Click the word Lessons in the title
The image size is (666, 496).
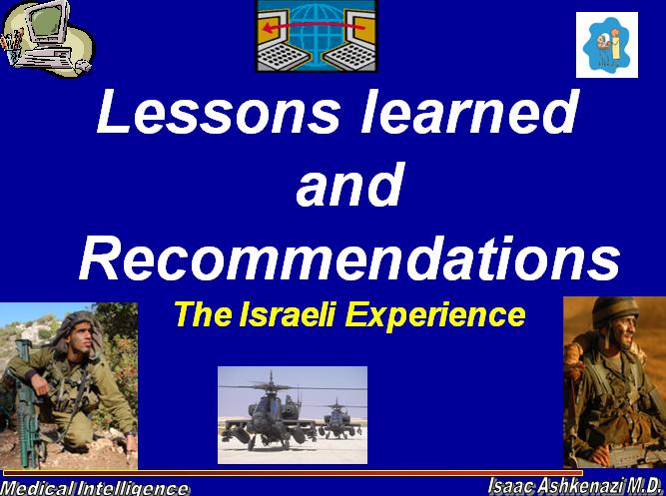click(219, 111)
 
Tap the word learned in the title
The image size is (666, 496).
click(469, 111)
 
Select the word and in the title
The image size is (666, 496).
click(349, 184)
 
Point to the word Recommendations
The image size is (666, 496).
click(349, 258)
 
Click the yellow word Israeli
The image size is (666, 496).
click(288, 314)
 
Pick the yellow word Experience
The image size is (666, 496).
click(435, 316)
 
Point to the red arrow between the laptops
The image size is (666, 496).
click(314, 26)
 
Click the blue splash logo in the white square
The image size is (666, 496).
click(606, 45)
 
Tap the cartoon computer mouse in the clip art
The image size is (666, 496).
click(83, 66)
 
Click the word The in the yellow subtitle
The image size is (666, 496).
click(203, 314)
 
